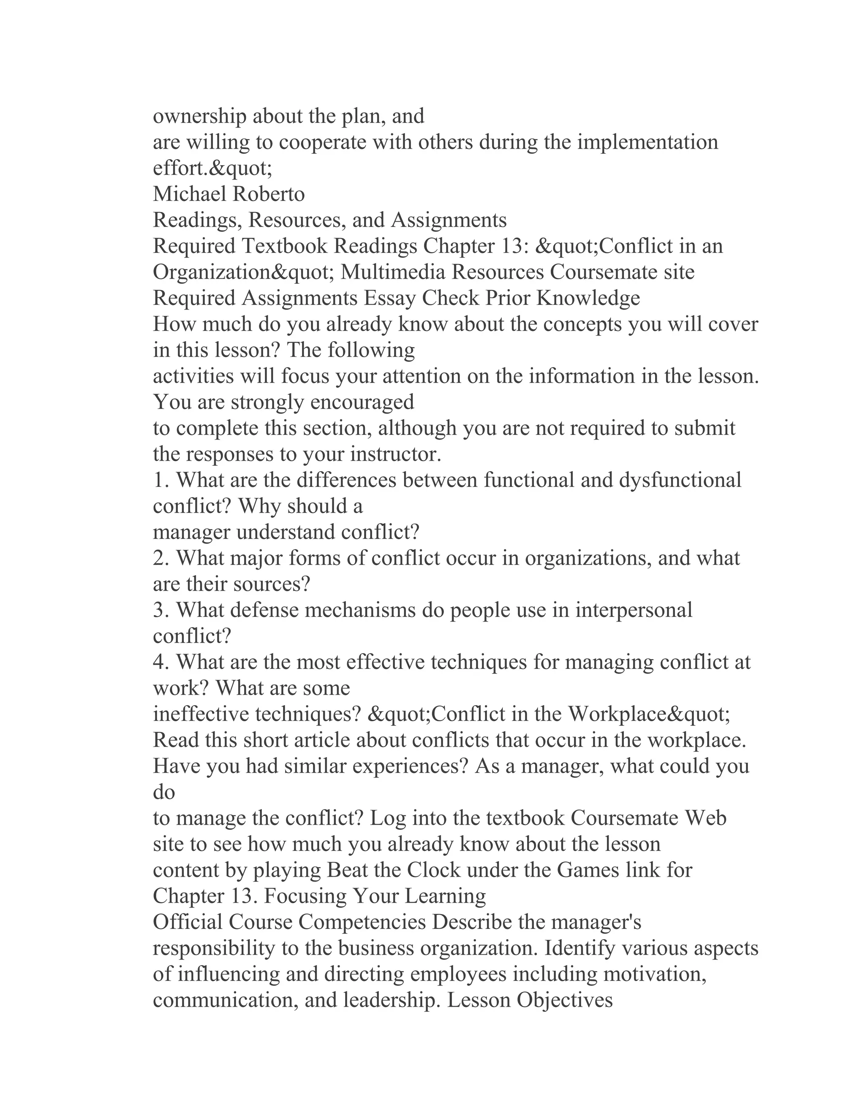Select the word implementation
pos(648,142)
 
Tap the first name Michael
pos(190,194)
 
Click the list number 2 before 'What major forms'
pos(159,558)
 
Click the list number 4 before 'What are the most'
pos(159,663)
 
